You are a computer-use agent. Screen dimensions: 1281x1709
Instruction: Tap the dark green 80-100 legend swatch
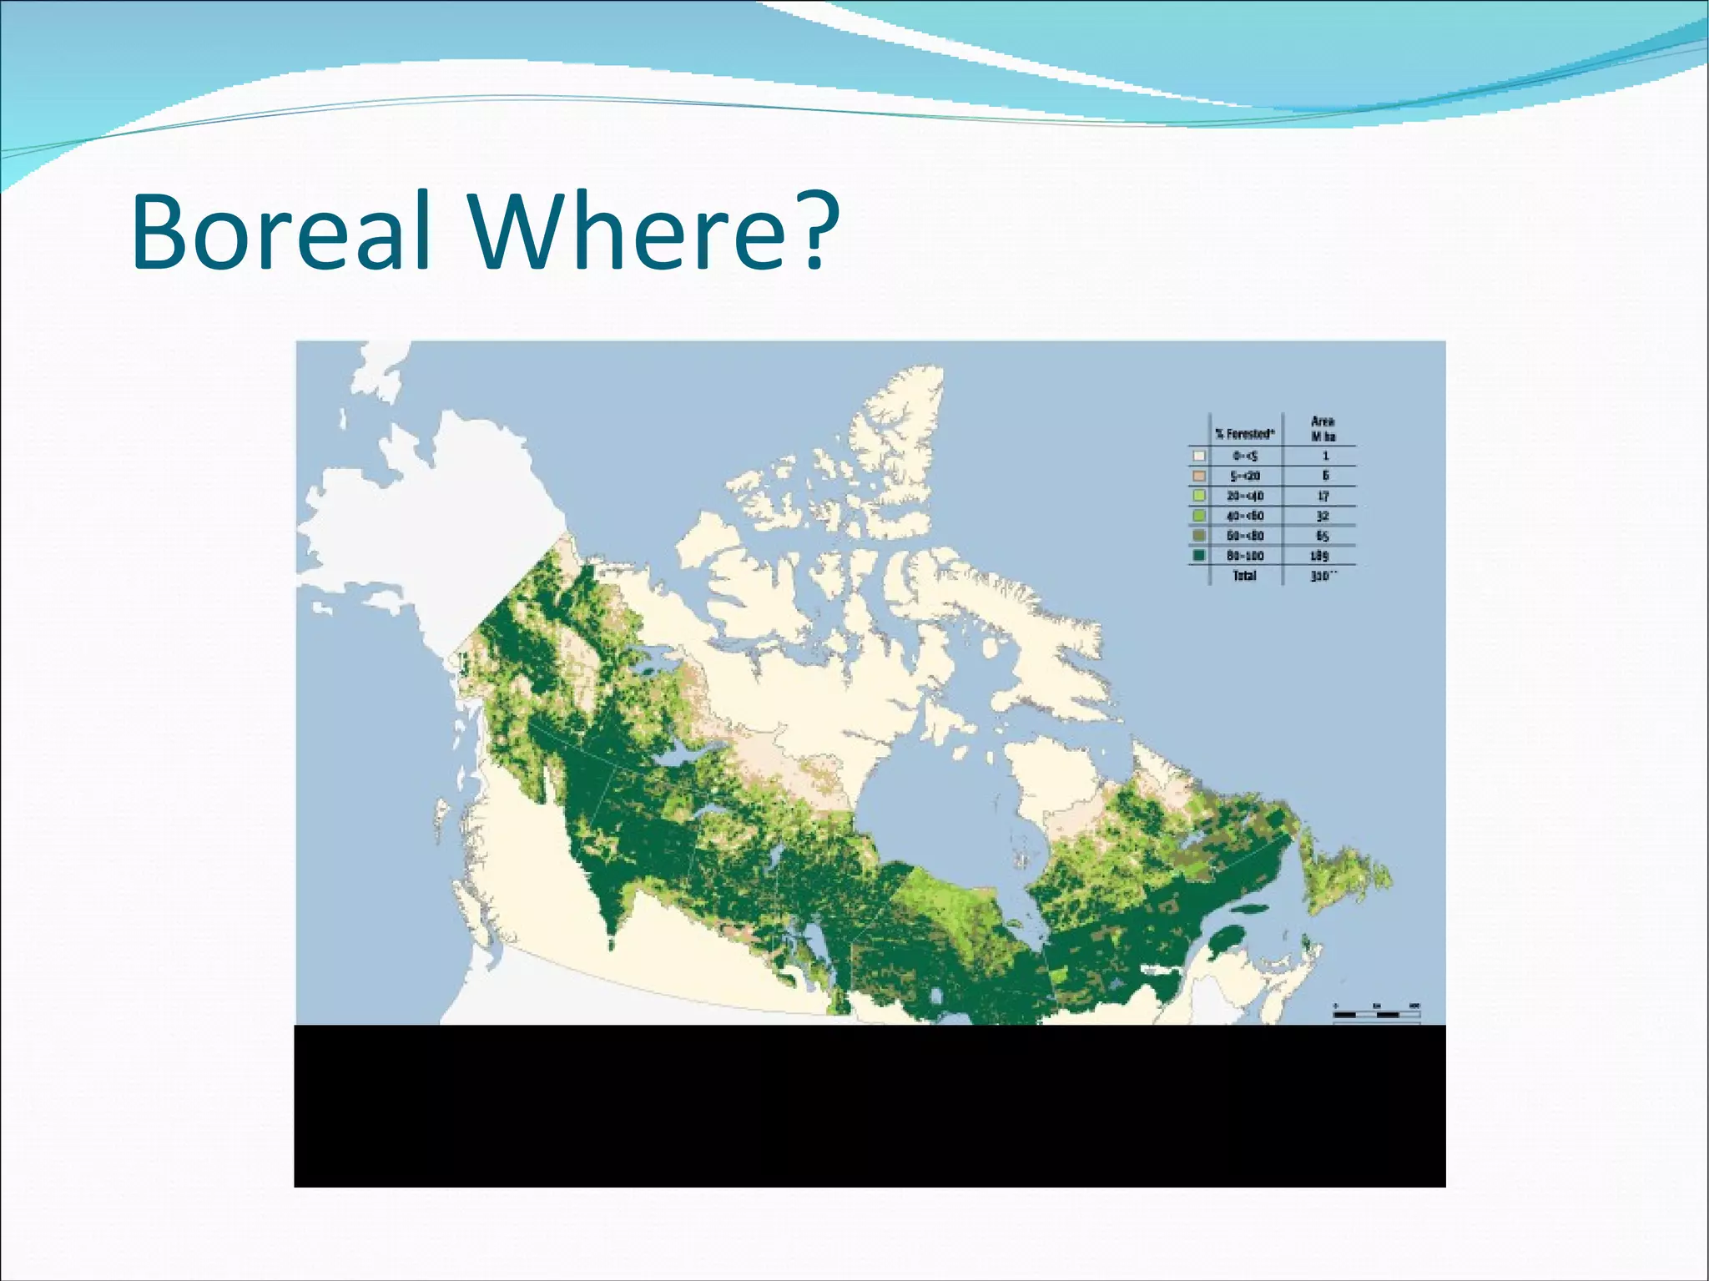click(1199, 556)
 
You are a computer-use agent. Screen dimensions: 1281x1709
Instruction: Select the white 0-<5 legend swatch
click(1199, 456)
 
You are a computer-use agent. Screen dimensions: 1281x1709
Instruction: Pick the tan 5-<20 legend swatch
click(1199, 476)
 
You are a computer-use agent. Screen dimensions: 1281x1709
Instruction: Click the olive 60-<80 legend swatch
click(1199, 536)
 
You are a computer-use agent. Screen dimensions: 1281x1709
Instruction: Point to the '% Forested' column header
click(1244, 434)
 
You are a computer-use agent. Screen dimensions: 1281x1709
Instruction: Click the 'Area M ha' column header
click(1323, 429)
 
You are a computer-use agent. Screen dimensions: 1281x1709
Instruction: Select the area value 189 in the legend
click(1320, 556)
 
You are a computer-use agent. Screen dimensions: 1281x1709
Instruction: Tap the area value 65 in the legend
click(1322, 536)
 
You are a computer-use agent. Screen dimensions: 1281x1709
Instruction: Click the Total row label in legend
click(1244, 576)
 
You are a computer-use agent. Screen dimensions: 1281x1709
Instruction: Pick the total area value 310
click(1322, 576)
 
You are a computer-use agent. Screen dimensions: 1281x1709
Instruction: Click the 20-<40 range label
click(1244, 496)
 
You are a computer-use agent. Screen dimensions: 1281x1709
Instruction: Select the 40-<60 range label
click(1244, 516)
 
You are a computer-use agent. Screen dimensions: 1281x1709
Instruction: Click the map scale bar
click(1377, 1014)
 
